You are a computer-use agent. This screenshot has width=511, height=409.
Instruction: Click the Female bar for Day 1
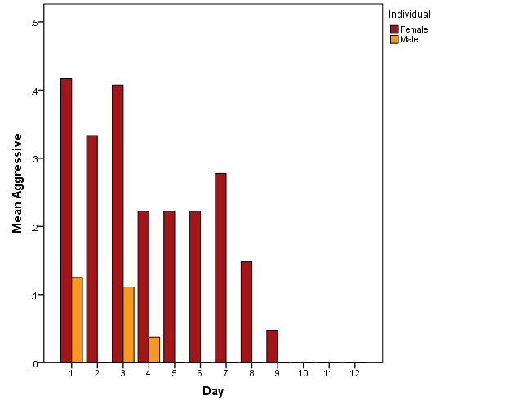66,220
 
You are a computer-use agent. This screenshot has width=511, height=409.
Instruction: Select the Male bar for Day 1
77,320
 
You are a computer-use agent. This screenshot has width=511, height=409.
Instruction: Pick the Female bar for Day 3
118,224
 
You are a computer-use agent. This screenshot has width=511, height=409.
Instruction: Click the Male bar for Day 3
128,325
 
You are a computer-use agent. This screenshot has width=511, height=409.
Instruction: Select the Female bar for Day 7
220,268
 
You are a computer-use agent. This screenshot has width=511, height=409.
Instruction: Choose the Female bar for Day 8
247,312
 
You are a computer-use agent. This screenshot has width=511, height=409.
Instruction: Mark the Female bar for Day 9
272,346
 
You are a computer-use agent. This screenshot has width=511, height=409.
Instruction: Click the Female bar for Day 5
169,287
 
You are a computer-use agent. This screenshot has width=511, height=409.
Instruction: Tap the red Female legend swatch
395,29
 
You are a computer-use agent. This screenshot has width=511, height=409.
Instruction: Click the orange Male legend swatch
395,39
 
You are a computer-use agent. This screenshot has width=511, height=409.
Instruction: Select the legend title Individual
410,14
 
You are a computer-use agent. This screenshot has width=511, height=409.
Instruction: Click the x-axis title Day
214,392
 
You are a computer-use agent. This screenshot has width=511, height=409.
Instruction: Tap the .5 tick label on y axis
35,23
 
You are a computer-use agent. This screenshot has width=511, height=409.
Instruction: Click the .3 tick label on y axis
35,159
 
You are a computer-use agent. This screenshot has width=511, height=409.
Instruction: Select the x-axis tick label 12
353,373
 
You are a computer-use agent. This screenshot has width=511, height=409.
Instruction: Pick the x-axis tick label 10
302,373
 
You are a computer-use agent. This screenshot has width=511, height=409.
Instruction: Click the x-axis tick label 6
199,373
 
